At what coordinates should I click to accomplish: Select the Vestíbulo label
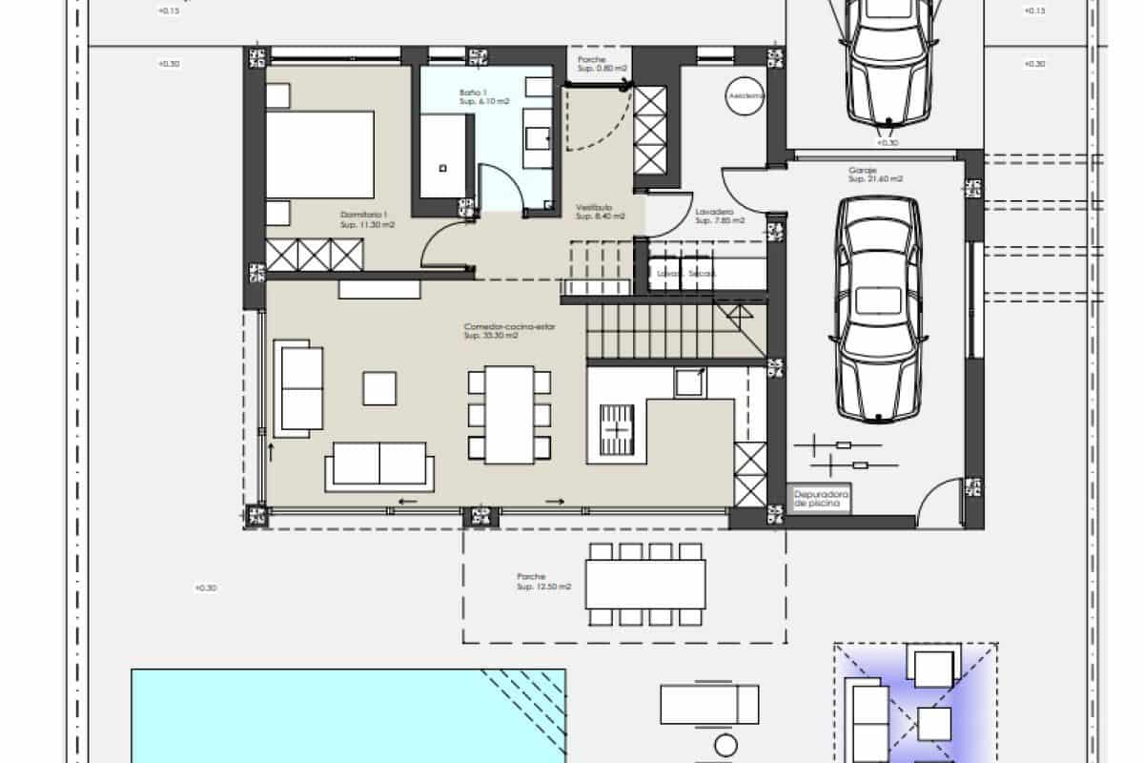[x=600, y=212]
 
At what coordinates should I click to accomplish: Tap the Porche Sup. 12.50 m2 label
[x=543, y=582]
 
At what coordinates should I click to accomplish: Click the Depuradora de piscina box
[x=818, y=502]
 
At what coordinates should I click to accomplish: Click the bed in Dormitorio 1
[x=319, y=154]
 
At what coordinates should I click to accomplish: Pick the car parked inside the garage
[x=879, y=307]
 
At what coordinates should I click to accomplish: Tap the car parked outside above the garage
[x=887, y=62]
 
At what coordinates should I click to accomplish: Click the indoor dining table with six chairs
[x=509, y=414]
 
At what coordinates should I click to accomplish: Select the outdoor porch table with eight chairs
[x=644, y=584]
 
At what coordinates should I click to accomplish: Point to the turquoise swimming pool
[x=348, y=715]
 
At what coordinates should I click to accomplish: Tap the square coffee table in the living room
[x=379, y=388]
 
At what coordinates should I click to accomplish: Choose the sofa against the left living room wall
[x=298, y=387]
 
